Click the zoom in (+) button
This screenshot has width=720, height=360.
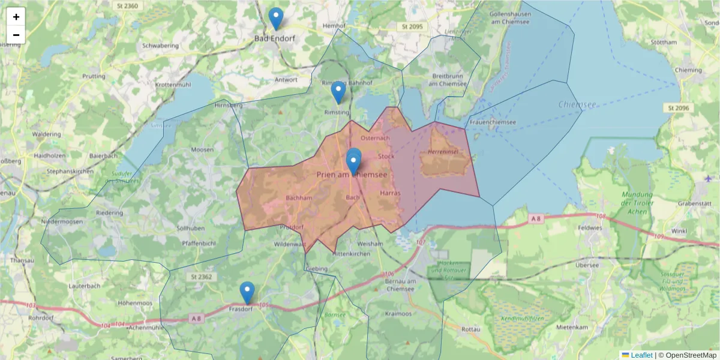tap(16, 17)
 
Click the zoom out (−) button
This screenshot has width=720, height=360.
tap(16, 35)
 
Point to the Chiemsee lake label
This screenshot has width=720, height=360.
tap(577, 104)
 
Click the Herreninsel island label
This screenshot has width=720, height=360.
tap(443, 152)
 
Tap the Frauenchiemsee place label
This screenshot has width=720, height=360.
tap(493, 122)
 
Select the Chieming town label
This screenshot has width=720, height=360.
tap(688, 70)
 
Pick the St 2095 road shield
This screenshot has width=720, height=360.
tap(412, 27)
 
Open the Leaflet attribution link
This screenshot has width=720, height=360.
tap(641, 355)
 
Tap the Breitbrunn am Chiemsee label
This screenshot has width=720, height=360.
tap(448, 80)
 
